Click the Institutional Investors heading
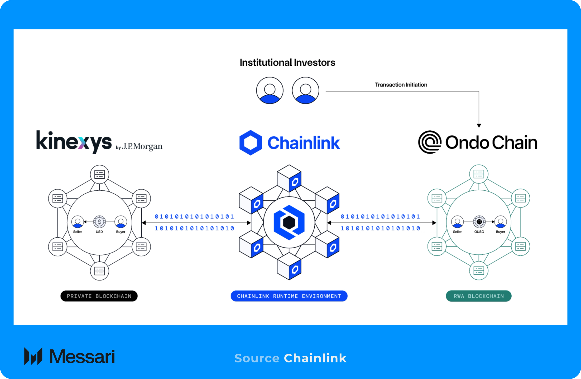point(287,63)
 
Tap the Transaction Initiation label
point(401,85)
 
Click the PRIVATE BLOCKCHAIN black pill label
point(99,296)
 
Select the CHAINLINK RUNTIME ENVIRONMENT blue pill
point(289,296)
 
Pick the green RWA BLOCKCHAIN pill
point(478,296)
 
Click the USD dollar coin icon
point(99,222)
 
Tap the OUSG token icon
point(479,222)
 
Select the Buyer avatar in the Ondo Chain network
point(500,222)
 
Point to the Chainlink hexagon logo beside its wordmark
point(250,143)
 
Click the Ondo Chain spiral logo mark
point(430,142)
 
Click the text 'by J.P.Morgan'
point(139,147)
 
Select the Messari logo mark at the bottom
point(33,356)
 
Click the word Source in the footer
point(257,358)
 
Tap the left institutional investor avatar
point(270,90)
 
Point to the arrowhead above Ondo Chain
point(479,125)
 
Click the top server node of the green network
point(478,174)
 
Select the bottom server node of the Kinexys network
point(100,271)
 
